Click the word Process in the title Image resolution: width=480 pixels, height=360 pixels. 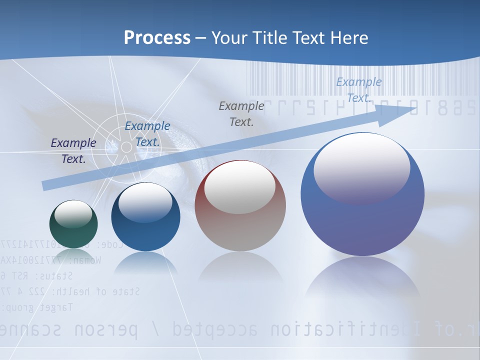[157, 38]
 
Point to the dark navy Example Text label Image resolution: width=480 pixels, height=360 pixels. [73, 150]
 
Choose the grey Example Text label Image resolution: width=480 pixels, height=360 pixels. [241, 113]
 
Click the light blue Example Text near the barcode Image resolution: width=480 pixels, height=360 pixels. [358, 89]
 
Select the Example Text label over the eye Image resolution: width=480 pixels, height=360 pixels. [147, 133]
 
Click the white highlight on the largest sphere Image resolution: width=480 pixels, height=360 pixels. [361, 168]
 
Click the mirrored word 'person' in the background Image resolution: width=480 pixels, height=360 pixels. [105, 329]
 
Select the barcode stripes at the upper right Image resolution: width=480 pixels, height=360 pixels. [360, 80]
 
